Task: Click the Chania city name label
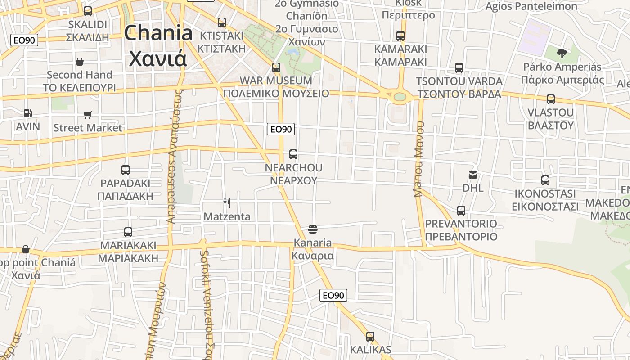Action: [158, 46]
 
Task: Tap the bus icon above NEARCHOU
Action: [293, 154]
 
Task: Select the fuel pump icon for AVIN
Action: [28, 113]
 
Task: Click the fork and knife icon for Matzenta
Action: [227, 203]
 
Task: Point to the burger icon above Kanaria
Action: [313, 229]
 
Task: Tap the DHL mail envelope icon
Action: [473, 175]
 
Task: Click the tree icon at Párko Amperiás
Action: [562, 54]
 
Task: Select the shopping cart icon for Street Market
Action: [88, 115]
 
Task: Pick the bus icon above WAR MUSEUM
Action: [276, 67]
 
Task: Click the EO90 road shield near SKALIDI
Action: [24, 40]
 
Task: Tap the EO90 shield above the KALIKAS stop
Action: [333, 295]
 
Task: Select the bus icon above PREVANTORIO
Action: [461, 210]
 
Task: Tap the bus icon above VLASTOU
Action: [551, 99]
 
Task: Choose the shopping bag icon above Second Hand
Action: [80, 62]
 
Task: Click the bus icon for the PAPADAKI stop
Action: [126, 170]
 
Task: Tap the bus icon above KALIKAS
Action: [370, 336]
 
